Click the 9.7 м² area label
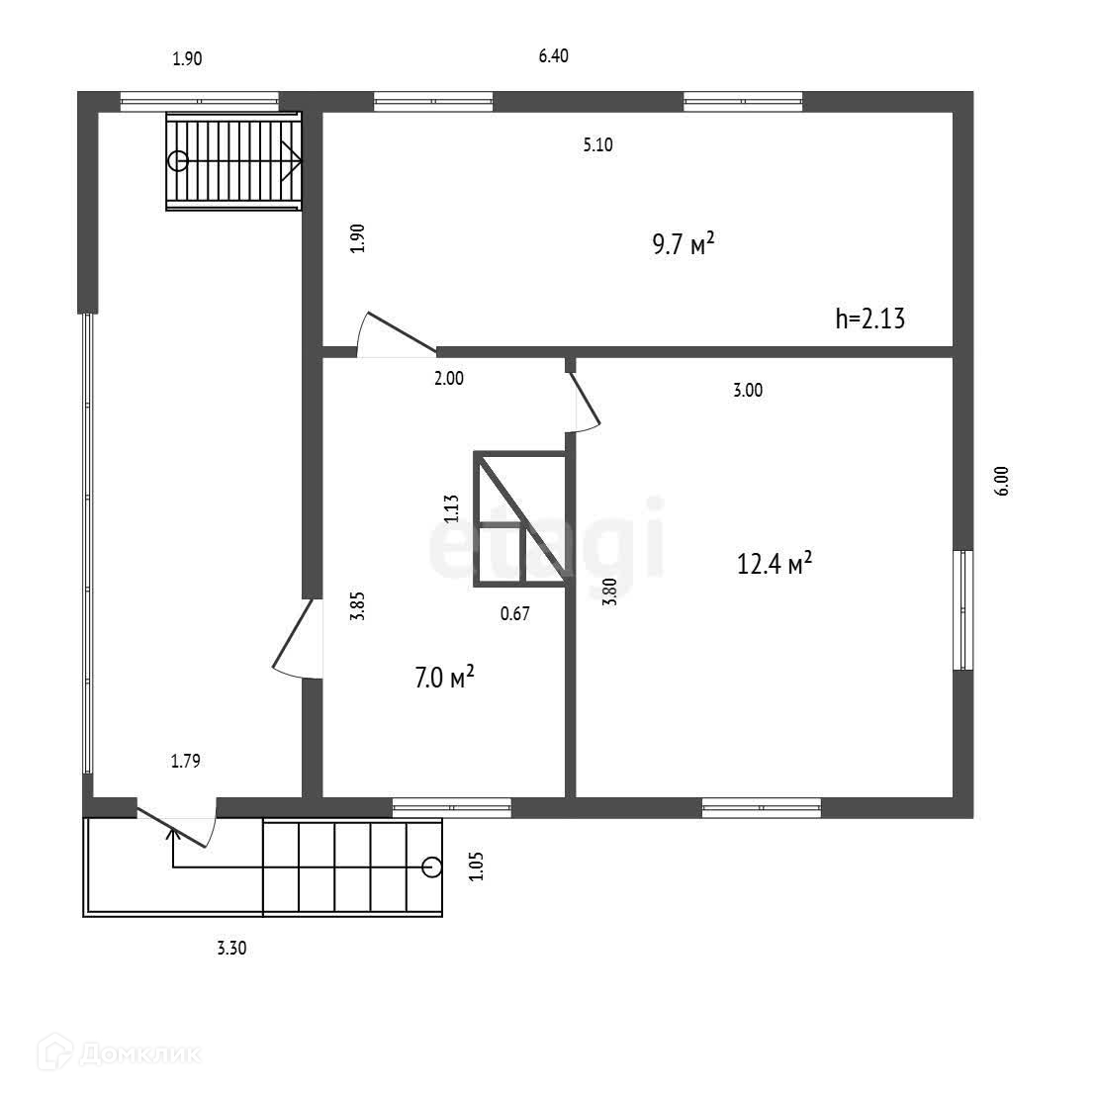coord(683,243)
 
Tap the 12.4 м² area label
coord(775,563)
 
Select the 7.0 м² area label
coord(444,678)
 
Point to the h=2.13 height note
coord(870,319)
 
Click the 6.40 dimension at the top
coord(553,56)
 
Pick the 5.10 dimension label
coord(597,145)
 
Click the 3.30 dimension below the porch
coord(231,948)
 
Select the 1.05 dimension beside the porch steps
coord(476,866)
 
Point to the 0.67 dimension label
coord(515,613)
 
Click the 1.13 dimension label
coord(451,507)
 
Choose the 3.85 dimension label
coord(358,604)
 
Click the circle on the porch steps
coord(430,868)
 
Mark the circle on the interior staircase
coord(178,160)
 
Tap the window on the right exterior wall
coord(962,610)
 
